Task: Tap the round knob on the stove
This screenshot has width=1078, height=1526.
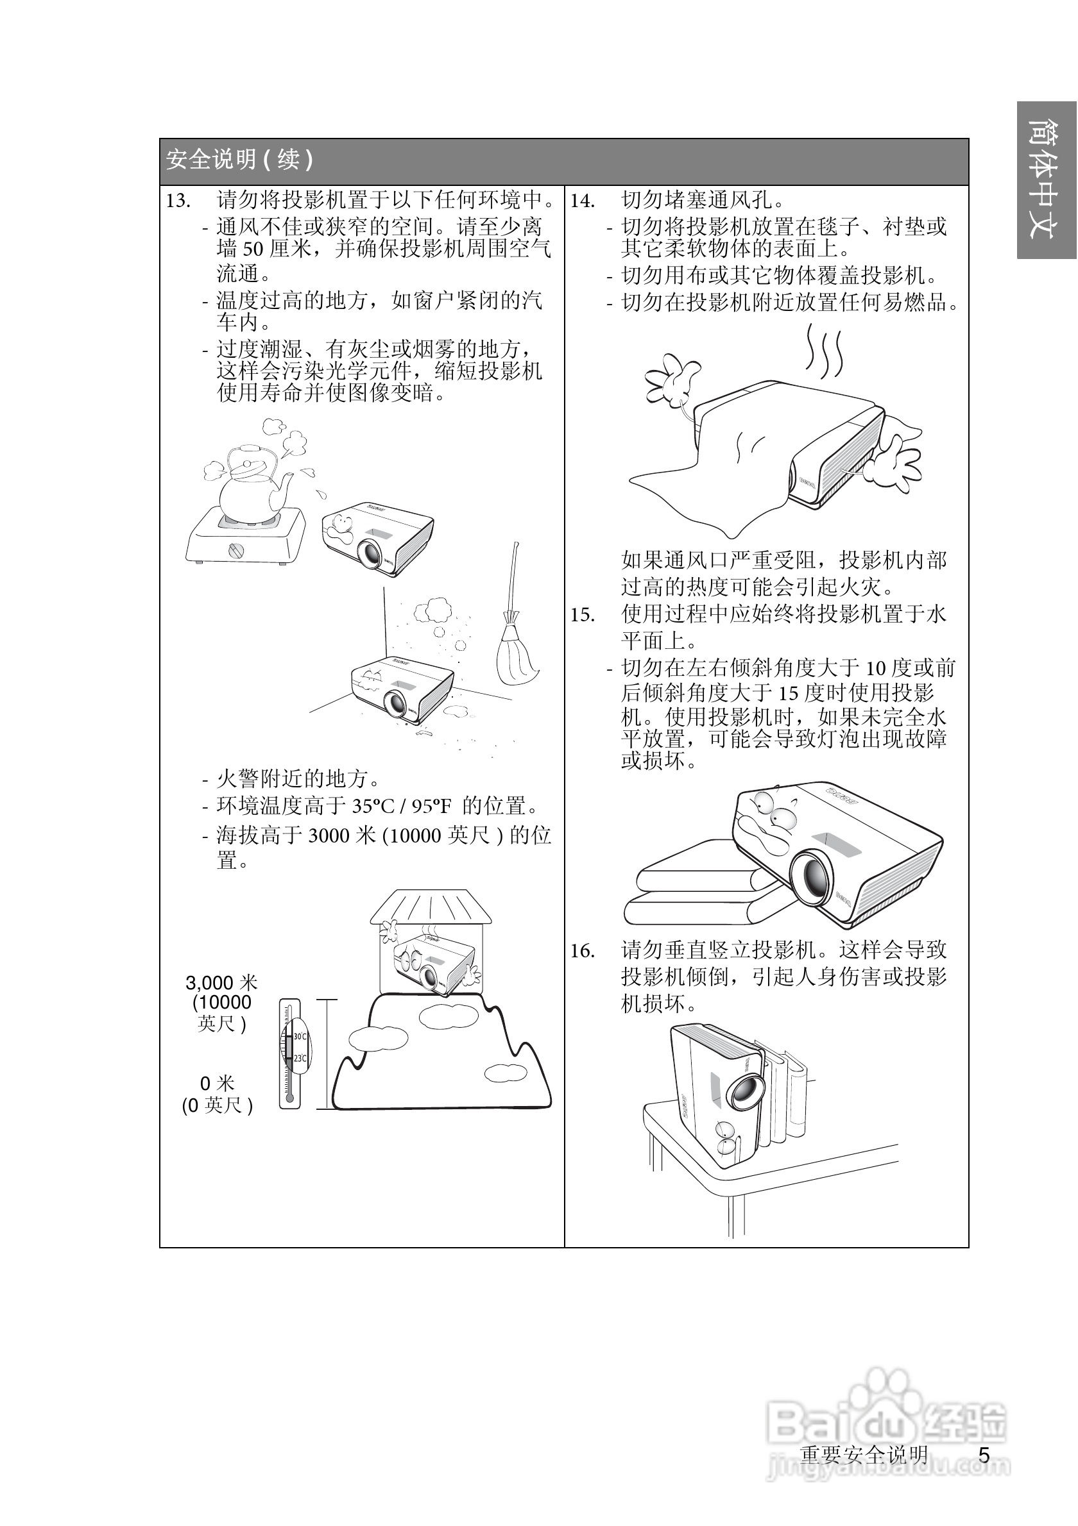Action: click(x=236, y=550)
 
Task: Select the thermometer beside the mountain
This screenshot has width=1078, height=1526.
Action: click(x=291, y=1053)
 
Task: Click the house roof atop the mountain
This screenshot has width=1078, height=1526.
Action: click(x=431, y=907)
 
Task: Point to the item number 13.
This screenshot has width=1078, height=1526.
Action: click(x=178, y=201)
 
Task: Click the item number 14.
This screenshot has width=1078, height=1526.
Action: click(x=583, y=201)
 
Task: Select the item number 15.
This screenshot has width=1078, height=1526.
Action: click(x=583, y=615)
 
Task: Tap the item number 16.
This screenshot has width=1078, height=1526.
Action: click(x=583, y=951)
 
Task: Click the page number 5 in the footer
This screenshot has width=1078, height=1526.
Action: click(x=984, y=1455)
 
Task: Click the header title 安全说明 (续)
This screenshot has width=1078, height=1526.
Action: click(x=239, y=160)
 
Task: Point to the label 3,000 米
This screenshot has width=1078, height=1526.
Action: click(x=221, y=983)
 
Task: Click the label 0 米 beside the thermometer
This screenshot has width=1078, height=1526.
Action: click(x=218, y=1084)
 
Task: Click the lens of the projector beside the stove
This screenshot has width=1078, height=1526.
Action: click(x=370, y=552)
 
